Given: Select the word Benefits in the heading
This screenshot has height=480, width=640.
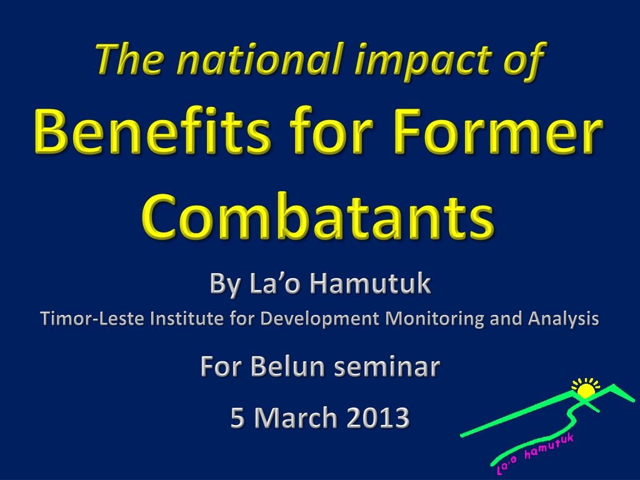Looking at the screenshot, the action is pos(152,130).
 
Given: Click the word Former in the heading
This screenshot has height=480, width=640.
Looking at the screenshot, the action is pos(497,131).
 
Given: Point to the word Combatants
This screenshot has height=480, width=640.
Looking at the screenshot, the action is pos(318,216).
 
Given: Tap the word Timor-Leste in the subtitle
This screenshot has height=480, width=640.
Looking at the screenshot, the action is pos(92,318).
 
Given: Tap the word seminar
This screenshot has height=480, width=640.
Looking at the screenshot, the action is pos(387,367).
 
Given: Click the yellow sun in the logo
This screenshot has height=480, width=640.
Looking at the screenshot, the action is pos(586,390).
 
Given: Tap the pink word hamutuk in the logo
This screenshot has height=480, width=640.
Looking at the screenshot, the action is pos(549,446).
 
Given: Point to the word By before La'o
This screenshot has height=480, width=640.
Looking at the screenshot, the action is pos(224,284).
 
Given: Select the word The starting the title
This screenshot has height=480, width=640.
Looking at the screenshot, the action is pos(130,59).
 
